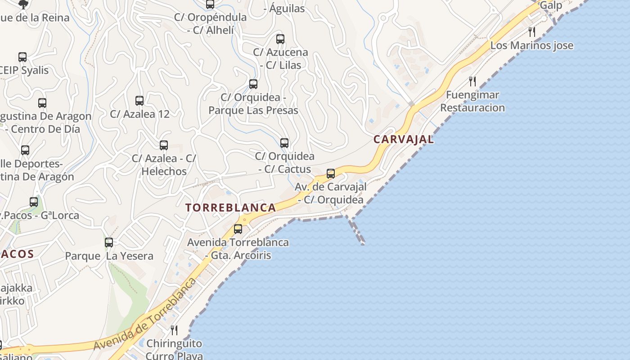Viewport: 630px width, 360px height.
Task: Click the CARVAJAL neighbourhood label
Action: (x=404, y=139)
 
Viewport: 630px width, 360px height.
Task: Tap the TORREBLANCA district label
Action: (x=231, y=207)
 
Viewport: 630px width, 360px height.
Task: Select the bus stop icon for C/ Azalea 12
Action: (x=139, y=101)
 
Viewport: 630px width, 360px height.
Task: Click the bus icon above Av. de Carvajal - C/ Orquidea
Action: (x=331, y=173)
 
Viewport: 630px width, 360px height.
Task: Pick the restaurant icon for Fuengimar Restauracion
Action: (x=472, y=81)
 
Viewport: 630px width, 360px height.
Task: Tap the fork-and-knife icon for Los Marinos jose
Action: (x=532, y=31)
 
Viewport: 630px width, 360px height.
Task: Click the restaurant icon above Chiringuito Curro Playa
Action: (x=174, y=330)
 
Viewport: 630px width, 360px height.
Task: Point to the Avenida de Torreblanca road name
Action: (x=145, y=314)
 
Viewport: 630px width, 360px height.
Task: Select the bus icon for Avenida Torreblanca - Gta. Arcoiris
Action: (x=238, y=229)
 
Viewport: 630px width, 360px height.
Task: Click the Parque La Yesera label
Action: (x=109, y=256)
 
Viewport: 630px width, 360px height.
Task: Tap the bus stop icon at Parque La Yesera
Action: (x=109, y=243)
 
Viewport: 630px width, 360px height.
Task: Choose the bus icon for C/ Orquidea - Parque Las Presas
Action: (x=253, y=84)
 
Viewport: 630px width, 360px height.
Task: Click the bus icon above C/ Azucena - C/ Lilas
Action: (x=280, y=39)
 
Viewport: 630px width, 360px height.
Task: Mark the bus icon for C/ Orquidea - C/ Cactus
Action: (x=284, y=143)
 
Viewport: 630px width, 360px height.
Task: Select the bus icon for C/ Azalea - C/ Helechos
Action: (x=164, y=145)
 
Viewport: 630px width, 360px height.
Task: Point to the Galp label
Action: (x=551, y=5)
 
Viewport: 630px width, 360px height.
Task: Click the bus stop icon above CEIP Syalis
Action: (x=22, y=57)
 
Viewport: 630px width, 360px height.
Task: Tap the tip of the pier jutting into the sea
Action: (x=363, y=243)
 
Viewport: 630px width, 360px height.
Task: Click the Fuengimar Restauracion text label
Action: (x=472, y=101)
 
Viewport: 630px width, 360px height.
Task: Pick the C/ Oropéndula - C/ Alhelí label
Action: (x=211, y=23)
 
